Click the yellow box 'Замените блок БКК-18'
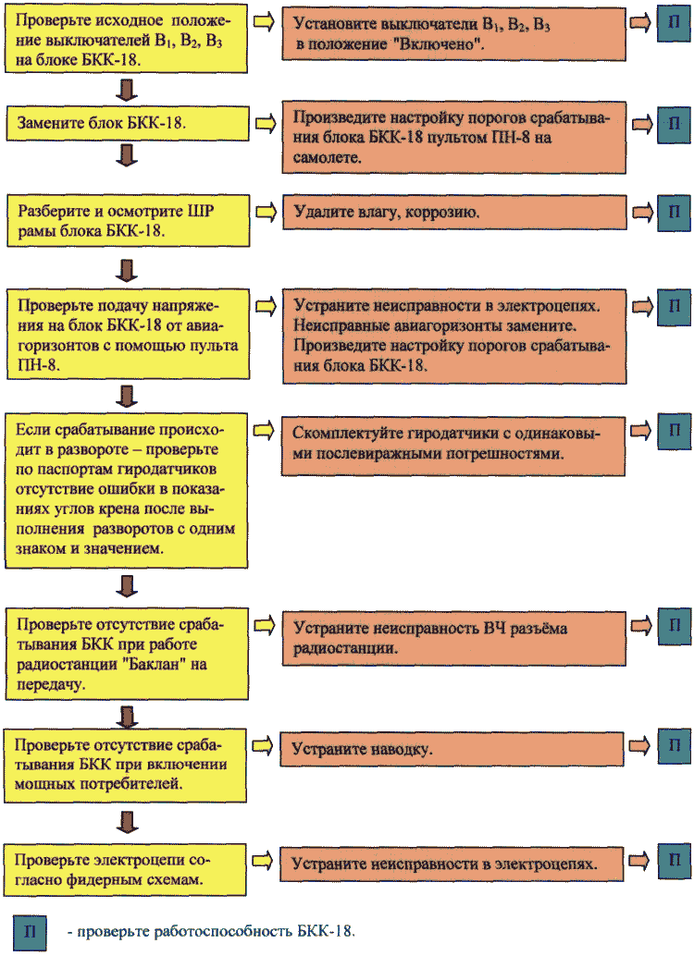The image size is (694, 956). pos(128,124)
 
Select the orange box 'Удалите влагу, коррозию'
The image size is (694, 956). pos(454,212)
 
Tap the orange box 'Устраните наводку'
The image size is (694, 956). pos(452,749)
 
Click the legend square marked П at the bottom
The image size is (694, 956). pos(30,932)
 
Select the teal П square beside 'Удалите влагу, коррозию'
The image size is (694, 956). pos(674,212)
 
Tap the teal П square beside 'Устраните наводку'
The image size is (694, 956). pos(674,744)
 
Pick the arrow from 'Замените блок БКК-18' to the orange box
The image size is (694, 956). pos(266,124)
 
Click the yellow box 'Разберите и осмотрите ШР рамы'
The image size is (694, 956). pos(129,221)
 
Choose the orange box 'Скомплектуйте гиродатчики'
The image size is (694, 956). pos(452,446)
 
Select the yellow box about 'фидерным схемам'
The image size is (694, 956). pos(125,869)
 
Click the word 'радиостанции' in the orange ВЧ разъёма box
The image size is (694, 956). pos(345,647)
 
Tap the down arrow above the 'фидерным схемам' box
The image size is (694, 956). pos(127,822)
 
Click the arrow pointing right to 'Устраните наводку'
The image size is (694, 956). pos(263,745)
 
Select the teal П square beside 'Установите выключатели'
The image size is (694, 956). pos(674,24)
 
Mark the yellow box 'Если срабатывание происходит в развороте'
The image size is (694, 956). pos(127,491)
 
